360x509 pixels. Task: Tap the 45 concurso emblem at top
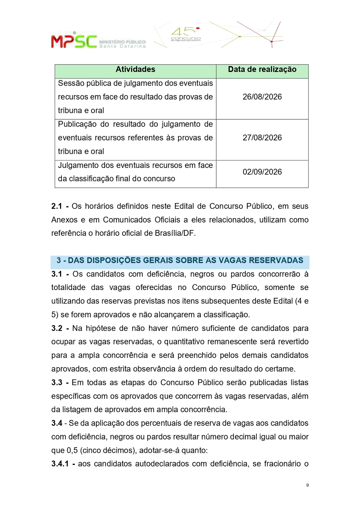pyautogui.click(x=186, y=34)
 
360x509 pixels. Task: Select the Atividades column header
pyautogui.click(x=135, y=70)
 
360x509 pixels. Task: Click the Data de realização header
pyautogui.click(x=262, y=70)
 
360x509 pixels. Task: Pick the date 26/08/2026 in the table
pyautogui.click(x=262, y=97)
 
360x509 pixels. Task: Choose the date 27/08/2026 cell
pyautogui.click(x=262, y=138)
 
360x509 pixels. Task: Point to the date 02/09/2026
pyautogui.click(x=262, y=172)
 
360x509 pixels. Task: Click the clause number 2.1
pyautogui.click(x=57, y=206)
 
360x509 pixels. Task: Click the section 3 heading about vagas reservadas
pyautogui.click(x=180, y=260)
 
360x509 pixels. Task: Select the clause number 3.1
pyautogui.click(x=57, y=274)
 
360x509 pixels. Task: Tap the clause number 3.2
pyautogui.click(x=57, y=328)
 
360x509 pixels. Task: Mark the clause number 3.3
pyautogui.click(x=57, y=383)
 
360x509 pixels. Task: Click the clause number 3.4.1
pyautogui.click(x=60, y=464)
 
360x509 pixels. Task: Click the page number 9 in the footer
pyautogui.click(x=307, y=485)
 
